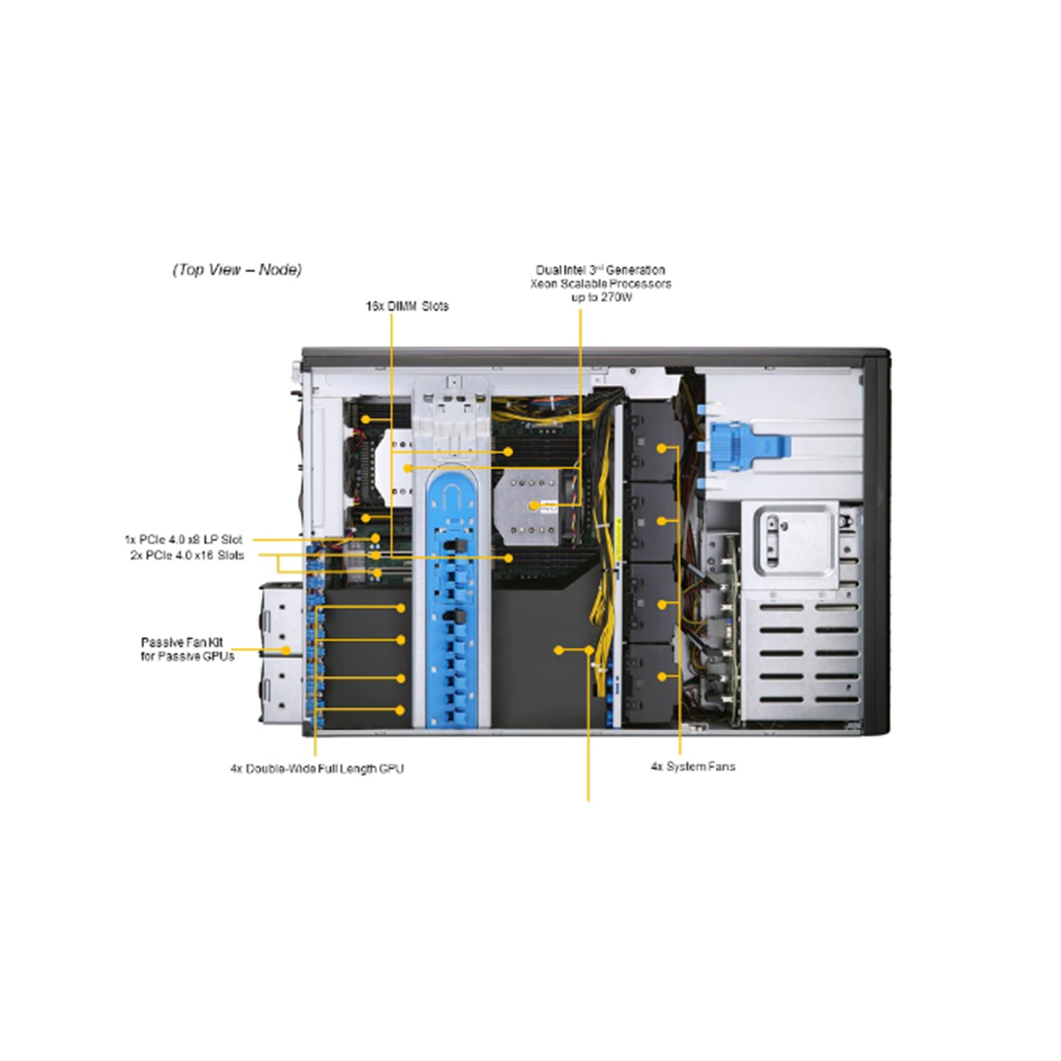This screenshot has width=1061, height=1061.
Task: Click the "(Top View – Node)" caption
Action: (x=237, y=270)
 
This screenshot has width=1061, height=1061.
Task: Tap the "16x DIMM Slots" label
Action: (x=406, y=306)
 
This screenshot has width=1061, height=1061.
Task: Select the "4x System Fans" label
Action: (x=692, y=767)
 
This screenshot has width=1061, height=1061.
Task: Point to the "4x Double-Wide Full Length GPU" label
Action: (x=316, y=769)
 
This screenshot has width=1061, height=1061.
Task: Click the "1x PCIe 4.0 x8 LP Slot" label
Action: (x=183, y=540)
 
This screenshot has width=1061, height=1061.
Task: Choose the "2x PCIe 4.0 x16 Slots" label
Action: (x=187, y=555)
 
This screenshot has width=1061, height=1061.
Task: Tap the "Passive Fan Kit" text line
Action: (x=182, y=642)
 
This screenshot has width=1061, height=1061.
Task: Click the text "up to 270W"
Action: (x=601, y=297)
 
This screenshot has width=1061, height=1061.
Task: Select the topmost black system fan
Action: (x=653, y=441)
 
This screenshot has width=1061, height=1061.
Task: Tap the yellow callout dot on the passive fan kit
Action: (x=286, y=651)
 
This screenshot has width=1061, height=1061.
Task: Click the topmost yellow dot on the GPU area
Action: (x=401, y=607)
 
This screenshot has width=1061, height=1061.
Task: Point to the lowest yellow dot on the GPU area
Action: (x=400, y=710)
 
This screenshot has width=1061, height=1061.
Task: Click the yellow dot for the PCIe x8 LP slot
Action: (x=376, y=538)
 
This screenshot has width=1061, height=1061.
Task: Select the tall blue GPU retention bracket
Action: (x=453, y=597)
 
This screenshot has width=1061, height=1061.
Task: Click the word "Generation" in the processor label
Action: (x=635, y=270)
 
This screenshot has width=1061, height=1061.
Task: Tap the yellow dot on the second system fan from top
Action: (x=661, y=521)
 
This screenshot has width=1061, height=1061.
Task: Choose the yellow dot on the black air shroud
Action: (x=558, y=651)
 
